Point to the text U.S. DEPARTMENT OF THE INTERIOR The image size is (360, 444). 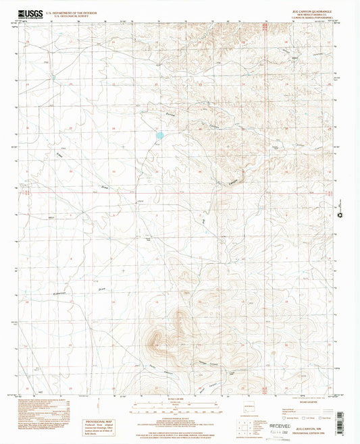[x=78, y=11]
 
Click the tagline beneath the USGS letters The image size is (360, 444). [x=30, y=18]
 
